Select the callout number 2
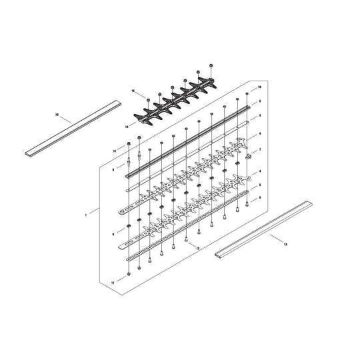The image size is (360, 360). (260, 101)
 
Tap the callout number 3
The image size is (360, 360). (260, 115)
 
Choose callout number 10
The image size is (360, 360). (260, 88)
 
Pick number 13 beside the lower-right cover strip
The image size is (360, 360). (286, 245)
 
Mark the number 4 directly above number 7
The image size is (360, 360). (260, 134)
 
